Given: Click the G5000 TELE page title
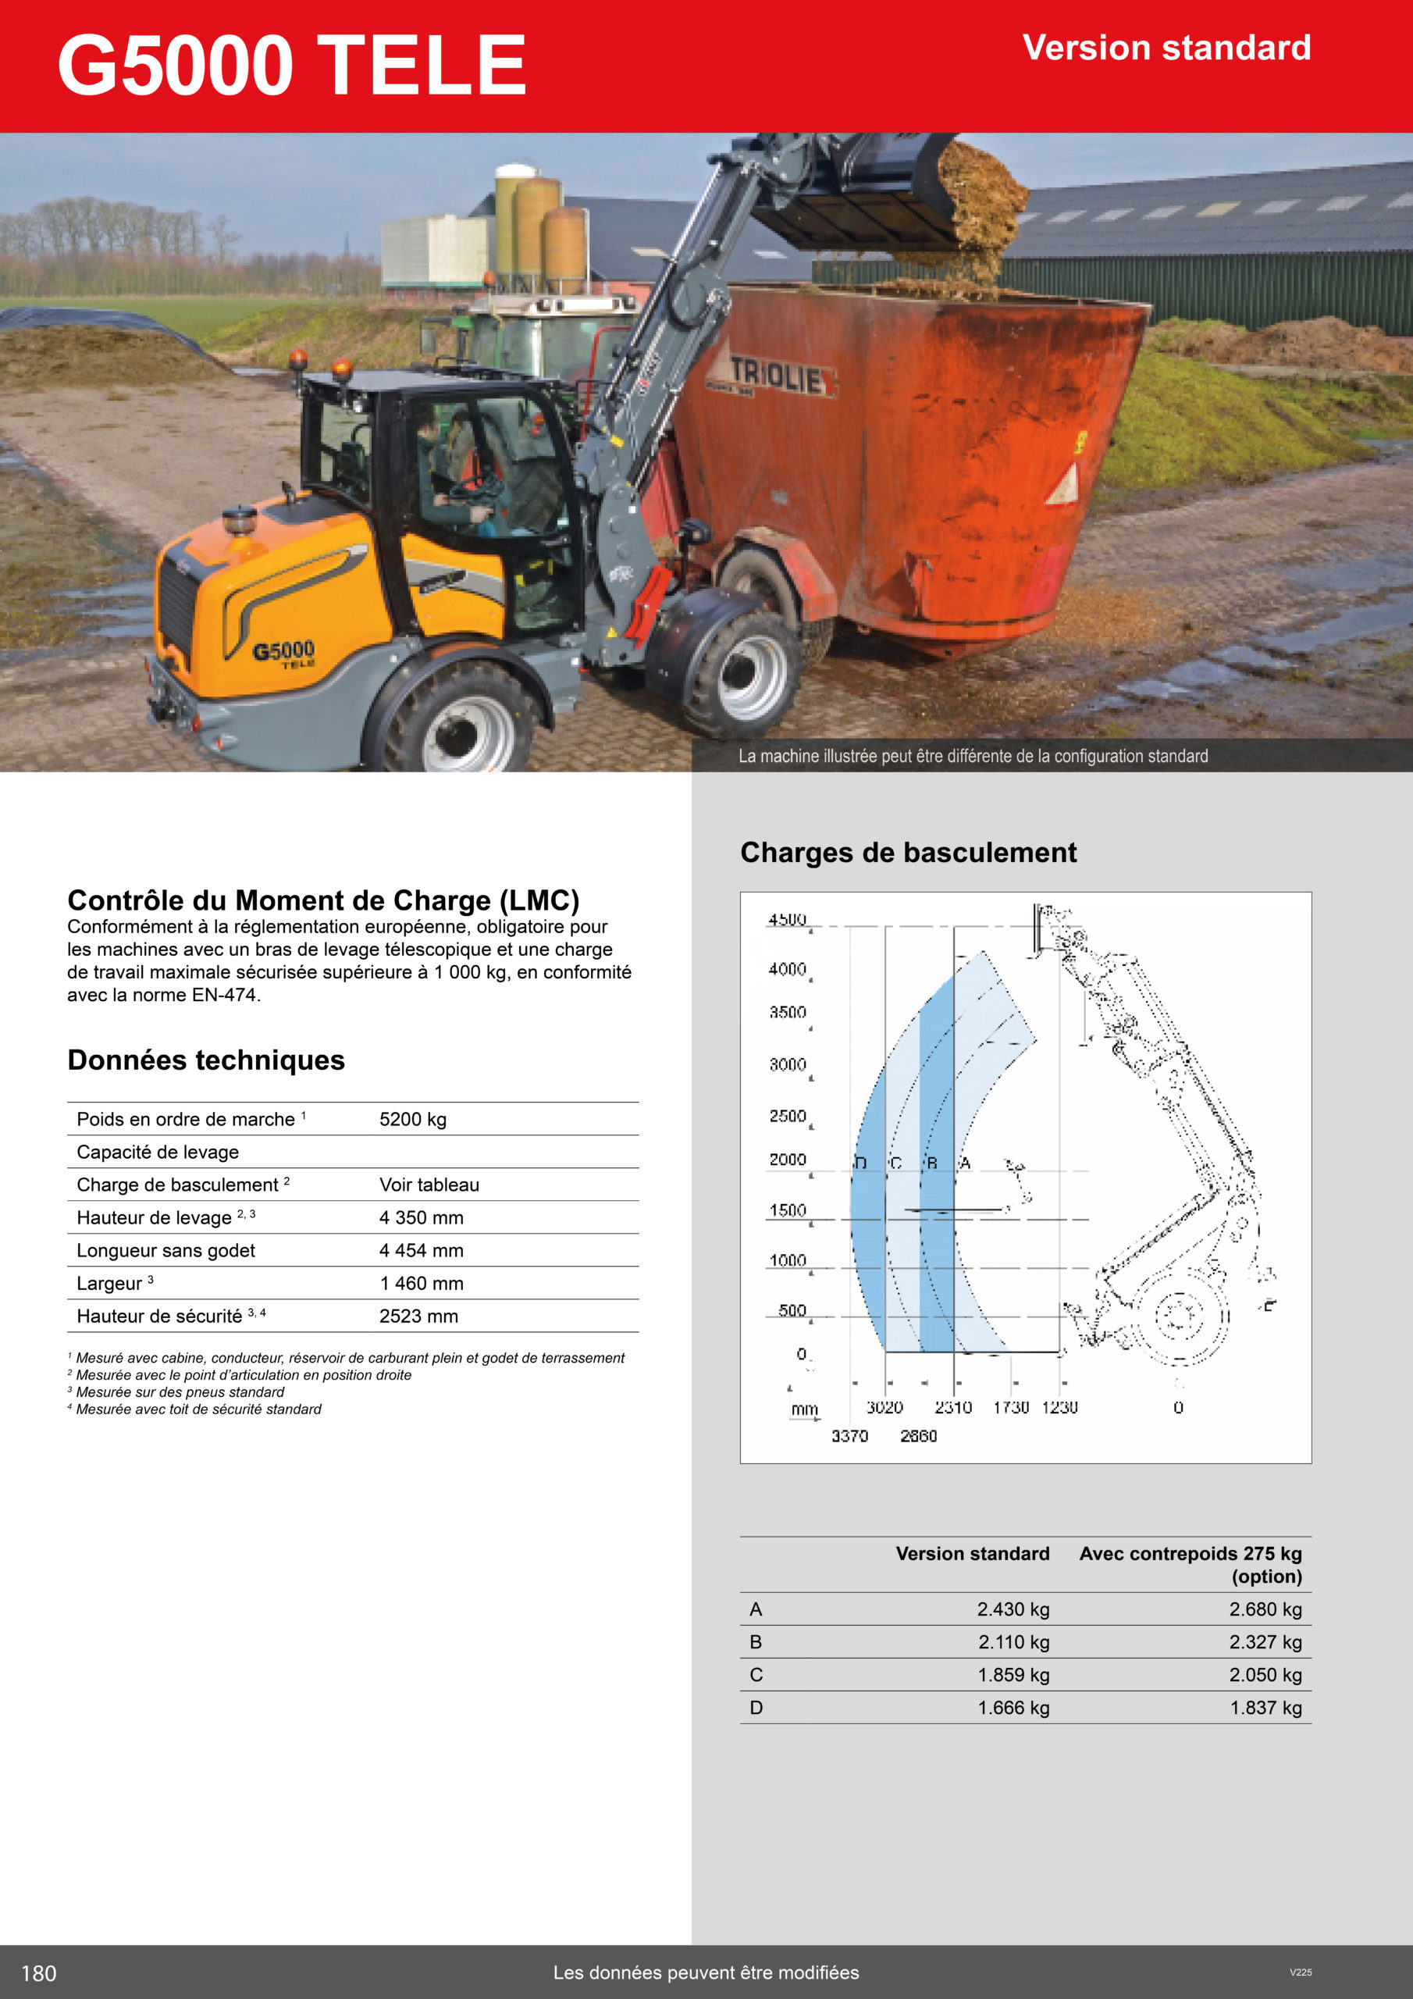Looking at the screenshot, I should click(x=292, y=66).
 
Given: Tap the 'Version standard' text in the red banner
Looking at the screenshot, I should click(x=1166, y=48).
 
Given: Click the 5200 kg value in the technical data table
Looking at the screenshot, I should click(x=413, y=1120).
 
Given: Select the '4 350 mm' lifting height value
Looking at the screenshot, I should click(x=422, y=1218).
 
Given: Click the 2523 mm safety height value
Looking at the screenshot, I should click(x=418, y=1317).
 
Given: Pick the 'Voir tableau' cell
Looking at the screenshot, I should click(x=429, y=1185).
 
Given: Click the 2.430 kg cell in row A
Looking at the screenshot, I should click(x=1013, y=1610).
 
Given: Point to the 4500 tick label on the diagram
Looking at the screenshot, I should click(x=787, y=919).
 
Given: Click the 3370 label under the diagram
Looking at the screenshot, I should click(x=849, y=1436).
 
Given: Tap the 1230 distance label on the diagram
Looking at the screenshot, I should click(x=1059, y=1407).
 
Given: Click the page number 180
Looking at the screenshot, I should click(x=39, y=1973).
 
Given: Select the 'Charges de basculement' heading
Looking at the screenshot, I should click(x=908, y=853).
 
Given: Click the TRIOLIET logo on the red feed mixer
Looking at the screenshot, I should click(x=776, y=376).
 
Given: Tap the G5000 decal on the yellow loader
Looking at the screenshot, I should click(x=284, y=652).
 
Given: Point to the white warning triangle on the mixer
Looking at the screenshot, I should click(x=1063, y=486).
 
